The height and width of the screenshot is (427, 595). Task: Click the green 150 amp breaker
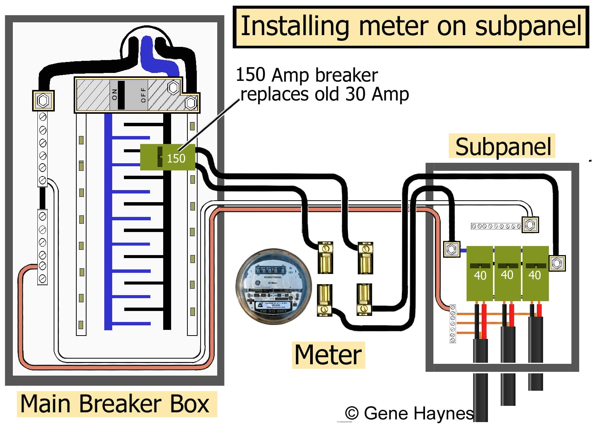tap(167, 157)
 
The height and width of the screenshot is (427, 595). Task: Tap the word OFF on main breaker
tap(143, 95)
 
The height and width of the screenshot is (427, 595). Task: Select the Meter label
tap(328, 355)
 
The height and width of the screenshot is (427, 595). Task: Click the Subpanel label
tap(502, 146)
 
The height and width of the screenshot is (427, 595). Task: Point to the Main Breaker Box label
tap(115, 404)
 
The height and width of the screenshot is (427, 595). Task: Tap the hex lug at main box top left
tap(43, 101)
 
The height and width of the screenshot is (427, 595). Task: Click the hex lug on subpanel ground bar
tap(530, 225)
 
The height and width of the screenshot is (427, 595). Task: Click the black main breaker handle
tap(121, 95)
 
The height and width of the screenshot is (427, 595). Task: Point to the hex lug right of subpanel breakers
tap(557, 263)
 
